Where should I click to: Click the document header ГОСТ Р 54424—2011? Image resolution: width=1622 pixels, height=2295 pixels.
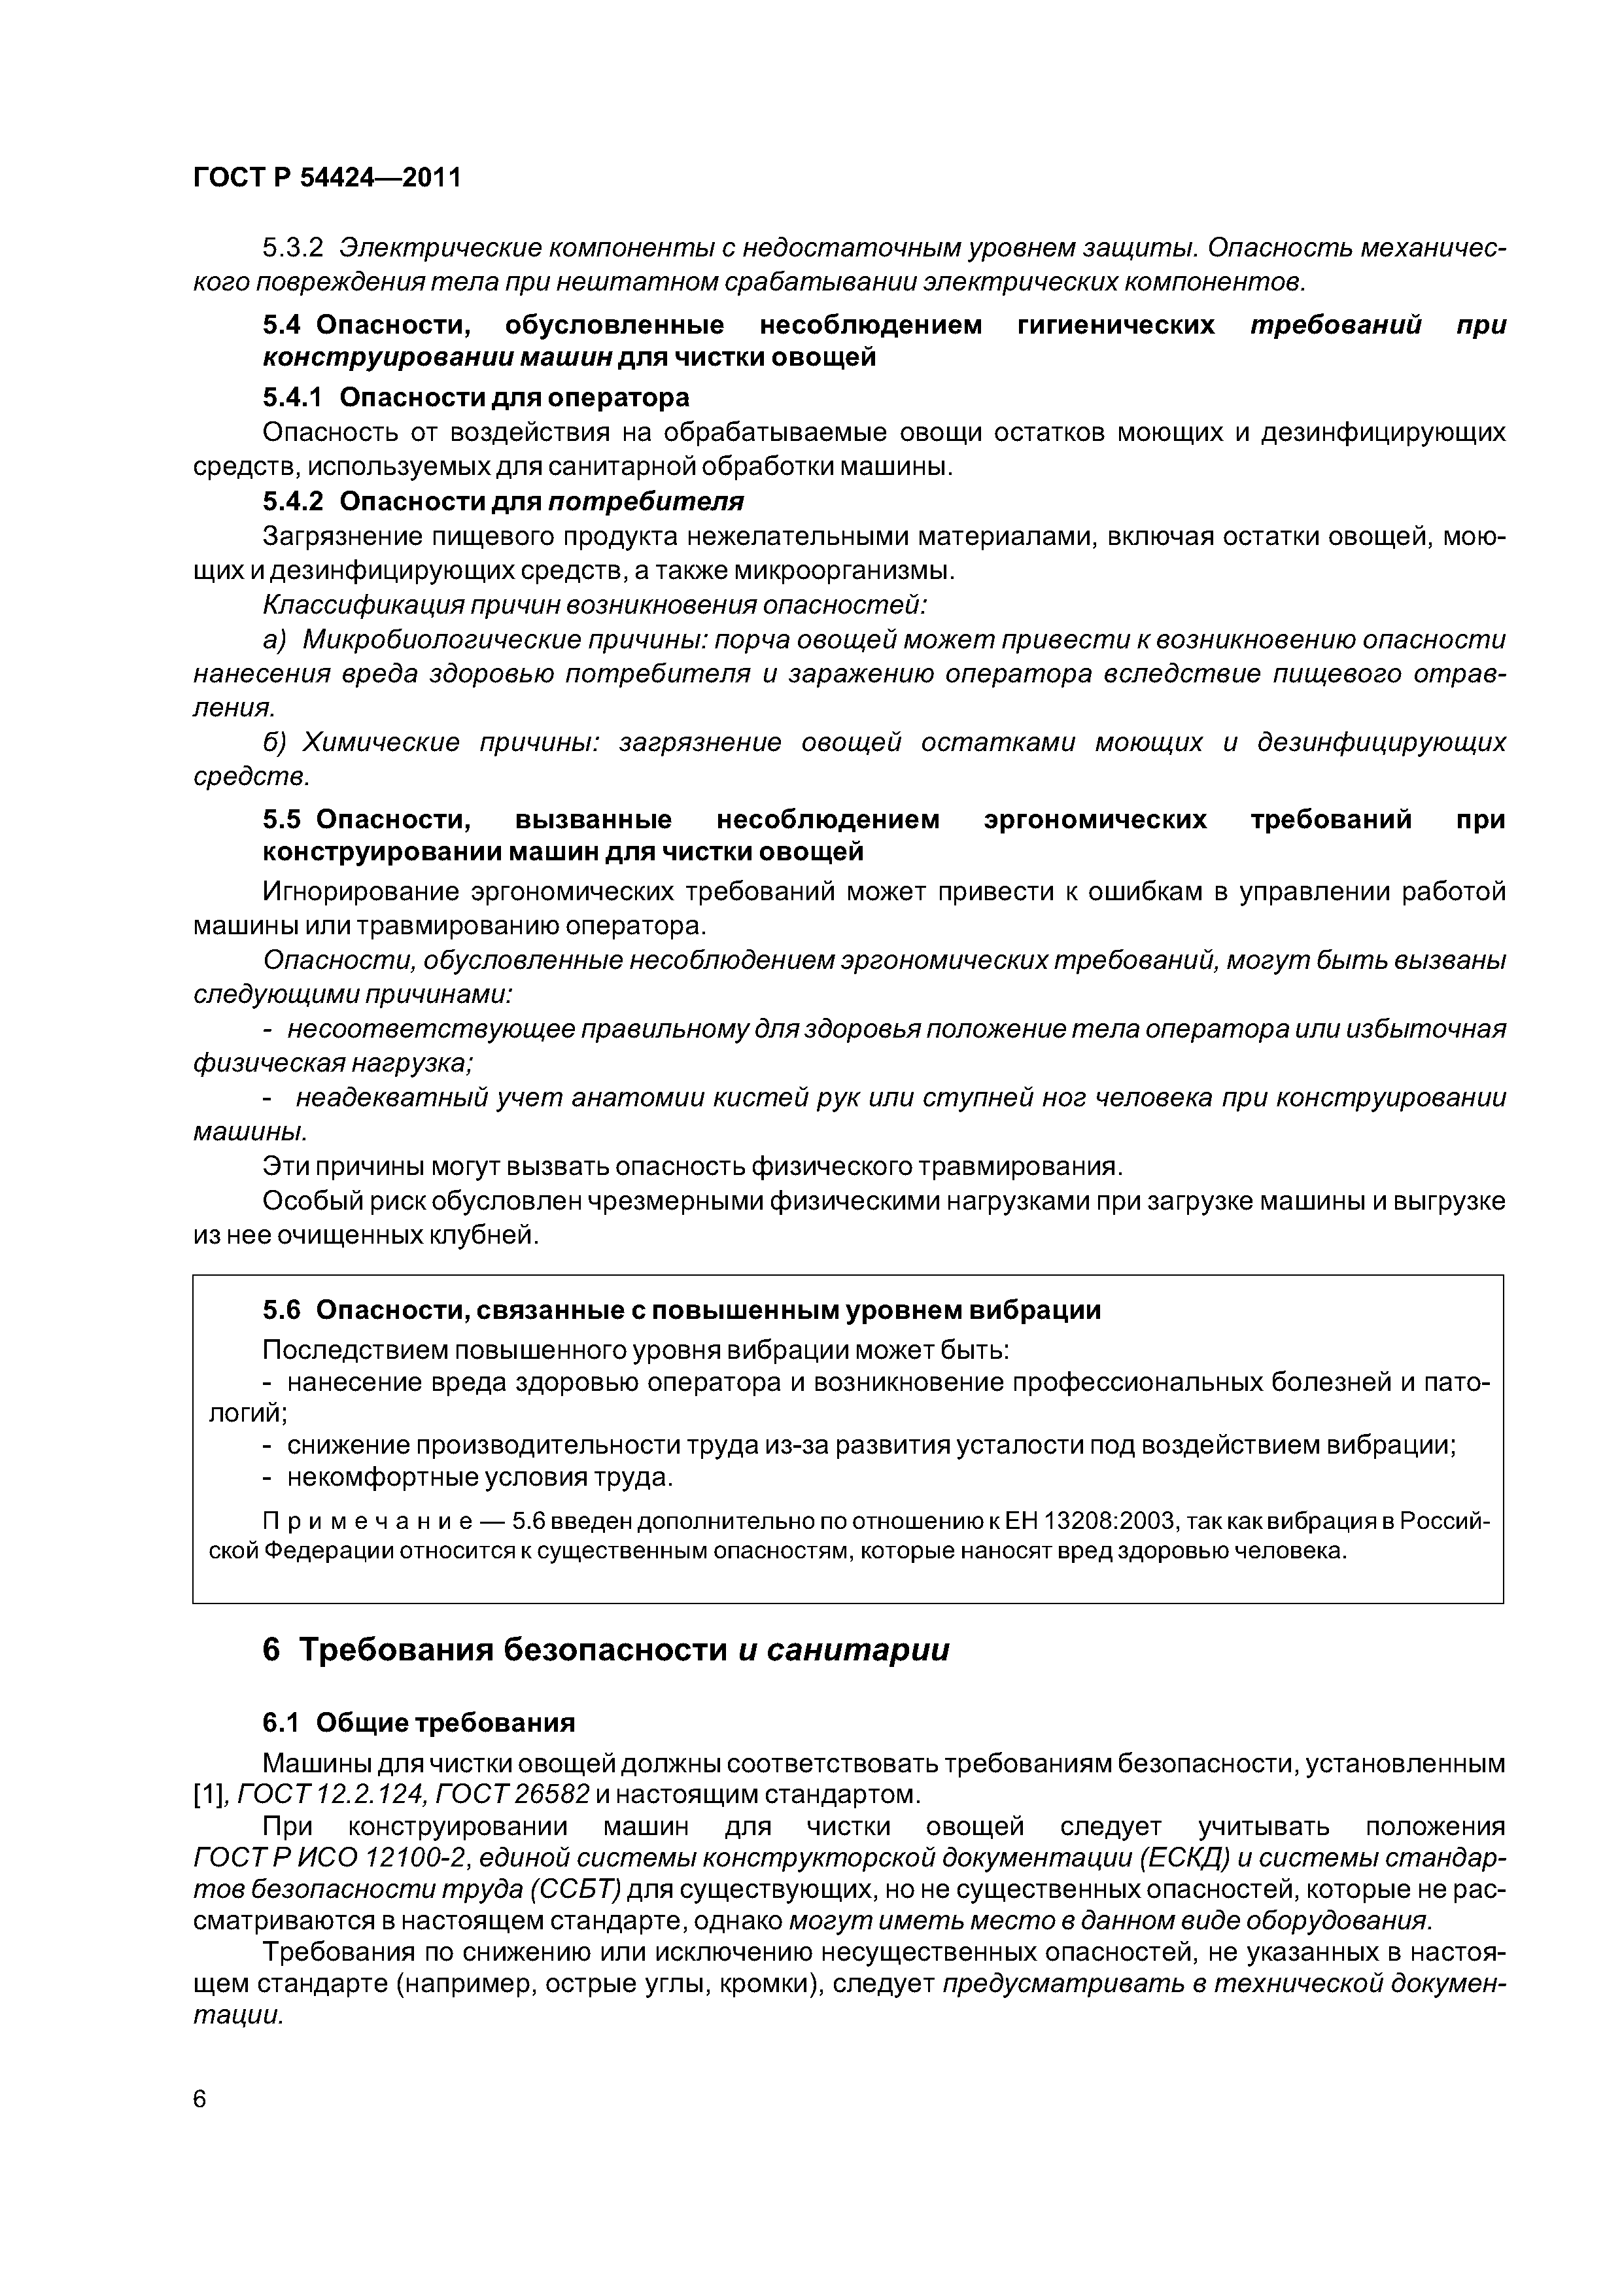(x=327, y=178)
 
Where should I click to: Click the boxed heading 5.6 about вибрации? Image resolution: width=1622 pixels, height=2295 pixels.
(x=682, y=1310)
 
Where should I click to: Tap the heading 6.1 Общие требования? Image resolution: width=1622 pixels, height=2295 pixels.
(x=419, y=1723)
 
